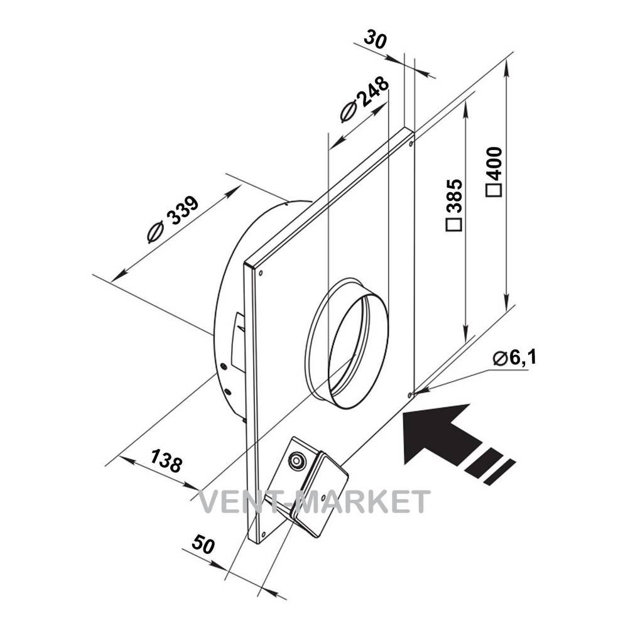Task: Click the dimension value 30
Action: pos(376,40)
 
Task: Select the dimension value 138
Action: pos(166,460)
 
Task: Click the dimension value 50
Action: pos(203,544)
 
